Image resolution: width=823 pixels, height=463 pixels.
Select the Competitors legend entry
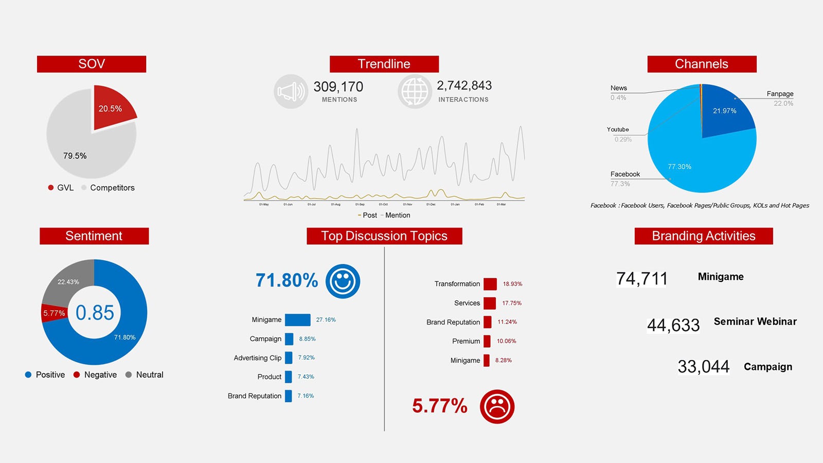[x=112, y=188]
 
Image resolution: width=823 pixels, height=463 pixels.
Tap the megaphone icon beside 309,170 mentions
[x=291, y=92]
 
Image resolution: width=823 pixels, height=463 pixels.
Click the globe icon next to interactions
[x=414, y=92]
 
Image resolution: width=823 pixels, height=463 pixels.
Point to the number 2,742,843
[x=464, y=85]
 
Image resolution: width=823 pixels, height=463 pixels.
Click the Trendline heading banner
[x=384, y=64]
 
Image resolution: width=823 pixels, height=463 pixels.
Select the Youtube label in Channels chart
[x=617, y=130]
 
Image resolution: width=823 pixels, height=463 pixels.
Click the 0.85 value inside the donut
[x=95, y=312]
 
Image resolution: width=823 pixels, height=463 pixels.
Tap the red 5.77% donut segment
[x=53, y=313]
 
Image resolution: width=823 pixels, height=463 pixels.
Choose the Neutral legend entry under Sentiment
[x=149, y=375]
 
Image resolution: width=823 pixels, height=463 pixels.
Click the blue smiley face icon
[x=343, y=281]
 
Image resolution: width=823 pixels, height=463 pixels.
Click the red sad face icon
[x=497, y=406]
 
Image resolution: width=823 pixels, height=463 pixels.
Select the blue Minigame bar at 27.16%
[x=297, y=320]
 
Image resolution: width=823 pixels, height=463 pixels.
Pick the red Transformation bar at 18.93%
[x=490, y=284]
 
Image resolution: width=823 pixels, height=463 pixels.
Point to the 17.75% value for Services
[x=512, y=303]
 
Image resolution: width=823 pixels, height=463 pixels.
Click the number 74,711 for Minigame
[x=641, y=278]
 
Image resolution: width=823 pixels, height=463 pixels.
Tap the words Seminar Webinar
[x=755, y=322]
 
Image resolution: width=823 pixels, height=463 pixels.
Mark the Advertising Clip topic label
[x=257, y=358]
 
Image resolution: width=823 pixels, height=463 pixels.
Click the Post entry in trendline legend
[x=369, y=215]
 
